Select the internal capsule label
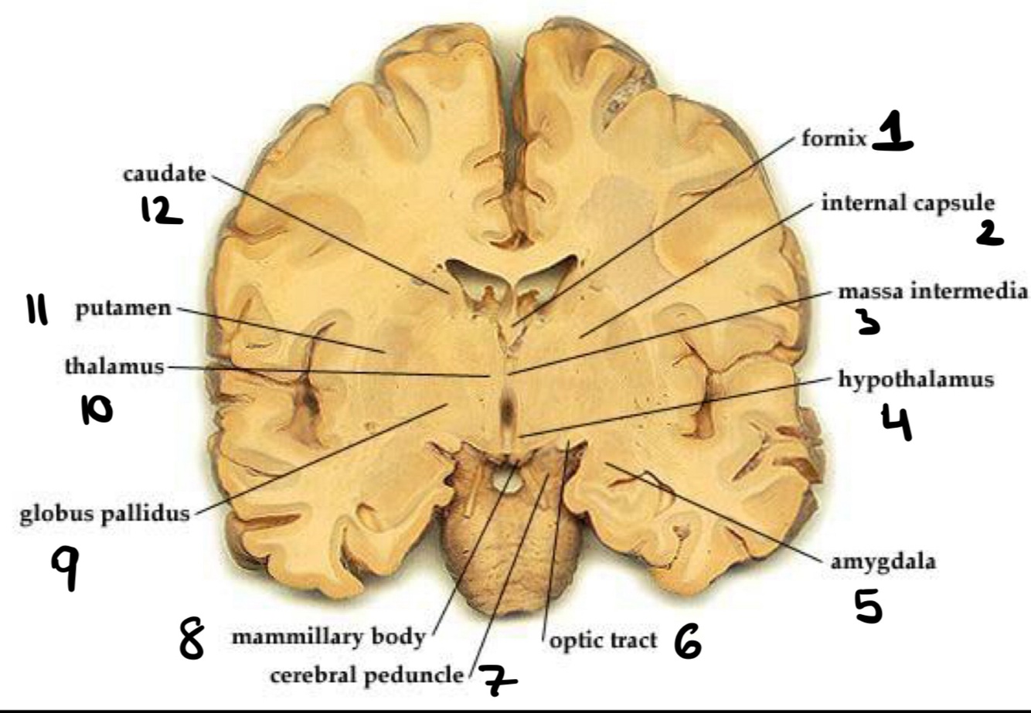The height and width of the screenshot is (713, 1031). click(x=907, y=203)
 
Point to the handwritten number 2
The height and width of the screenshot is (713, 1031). click(x=989, y=233)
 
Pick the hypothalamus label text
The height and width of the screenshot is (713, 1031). click(x=916, y=380)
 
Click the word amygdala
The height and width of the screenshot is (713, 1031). click(x=883, y=562)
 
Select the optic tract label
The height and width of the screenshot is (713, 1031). click(x=603, y=640)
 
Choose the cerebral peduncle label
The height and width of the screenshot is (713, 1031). click(x=367, y=675)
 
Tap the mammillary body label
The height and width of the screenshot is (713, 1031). click(x=328, y=637)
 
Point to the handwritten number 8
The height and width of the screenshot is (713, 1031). click(x=192, y=642)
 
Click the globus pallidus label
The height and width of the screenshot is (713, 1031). click(x=104, y=514)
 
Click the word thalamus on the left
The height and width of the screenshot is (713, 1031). click(x=114, y=366)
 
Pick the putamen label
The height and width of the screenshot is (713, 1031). click(x=123, y=309)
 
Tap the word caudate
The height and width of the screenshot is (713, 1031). click(x=165, y=174)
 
